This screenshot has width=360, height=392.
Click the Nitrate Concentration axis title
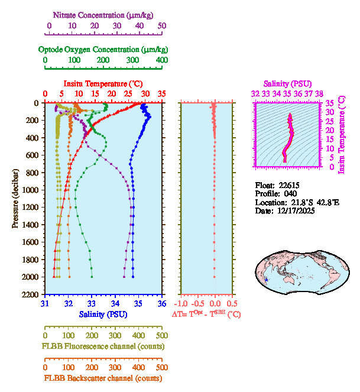[x=104, y=14]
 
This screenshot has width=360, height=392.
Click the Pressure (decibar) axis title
[x=16, y=198]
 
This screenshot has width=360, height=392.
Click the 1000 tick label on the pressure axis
[x=32, y=190]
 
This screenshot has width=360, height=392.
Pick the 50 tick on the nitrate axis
[x=162, y=26]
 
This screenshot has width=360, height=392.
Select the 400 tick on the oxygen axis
[x=162, y=60]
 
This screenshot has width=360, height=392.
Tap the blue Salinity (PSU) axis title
[x=103, y=314]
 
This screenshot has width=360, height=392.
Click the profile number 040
[x=290, y=193]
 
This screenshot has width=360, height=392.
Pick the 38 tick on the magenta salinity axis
[x=319, y=93]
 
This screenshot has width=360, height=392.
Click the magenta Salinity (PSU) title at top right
[x=287, y=84]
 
